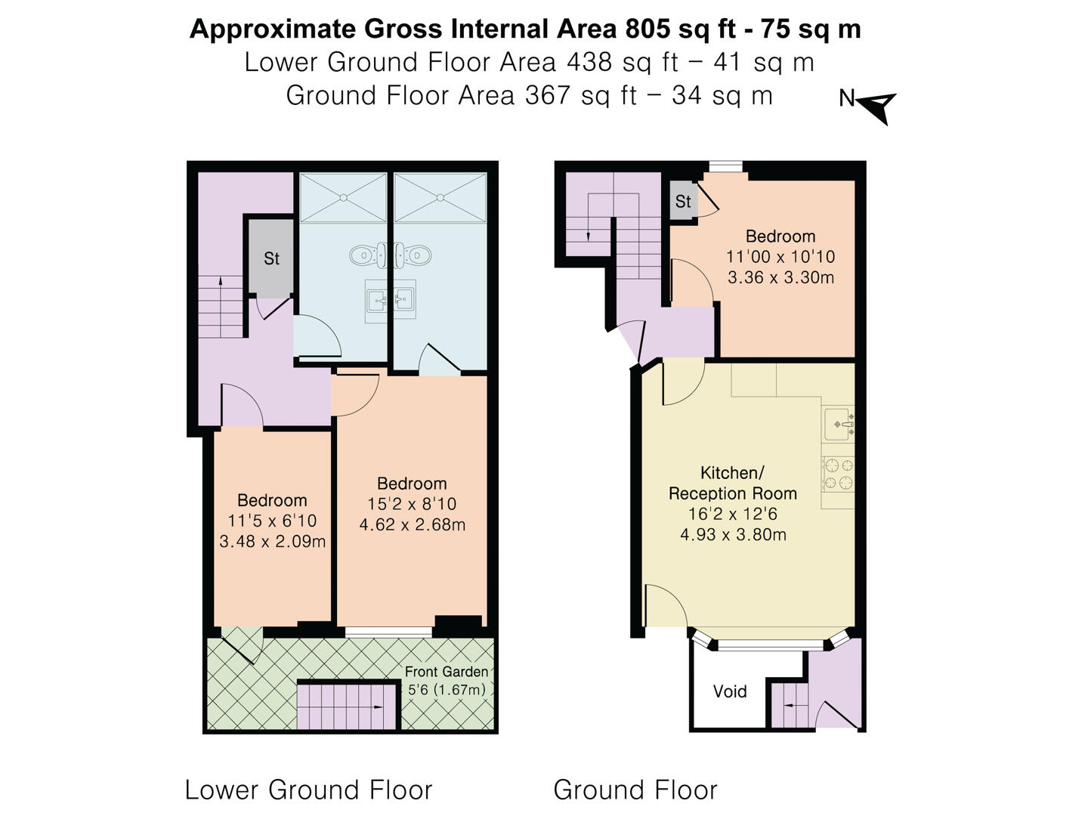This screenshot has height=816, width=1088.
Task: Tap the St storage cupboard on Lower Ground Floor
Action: click(271, 258)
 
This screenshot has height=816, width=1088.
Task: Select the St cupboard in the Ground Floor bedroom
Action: click(683, 201)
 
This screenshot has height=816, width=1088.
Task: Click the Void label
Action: click(729, 691)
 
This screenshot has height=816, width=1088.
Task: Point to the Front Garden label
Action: click(446, 672)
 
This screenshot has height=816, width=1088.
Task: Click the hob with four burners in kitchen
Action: click(838, 474)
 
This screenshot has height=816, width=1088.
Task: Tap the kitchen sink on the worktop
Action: click(839, 424)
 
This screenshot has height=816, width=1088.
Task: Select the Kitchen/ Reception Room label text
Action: click(732, 484)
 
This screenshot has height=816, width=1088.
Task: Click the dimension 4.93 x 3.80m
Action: click(733, 535)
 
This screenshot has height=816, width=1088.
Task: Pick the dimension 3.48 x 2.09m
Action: click(272, 542)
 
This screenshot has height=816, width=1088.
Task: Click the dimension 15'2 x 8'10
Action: click(412, 504)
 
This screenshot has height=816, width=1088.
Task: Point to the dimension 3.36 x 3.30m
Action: click(780, 277)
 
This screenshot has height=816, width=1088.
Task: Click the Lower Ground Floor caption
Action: click(308, 790)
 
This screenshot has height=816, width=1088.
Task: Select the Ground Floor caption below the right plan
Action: click(635, 790)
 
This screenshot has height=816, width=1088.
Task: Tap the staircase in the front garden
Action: click(348, 706)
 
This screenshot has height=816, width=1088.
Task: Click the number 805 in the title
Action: click(646, 29)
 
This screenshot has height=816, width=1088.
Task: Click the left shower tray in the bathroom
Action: click(343, 197)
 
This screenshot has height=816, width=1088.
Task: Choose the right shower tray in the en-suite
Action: click(440, 197)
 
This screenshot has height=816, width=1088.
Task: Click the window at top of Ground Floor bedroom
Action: click(725, 167)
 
